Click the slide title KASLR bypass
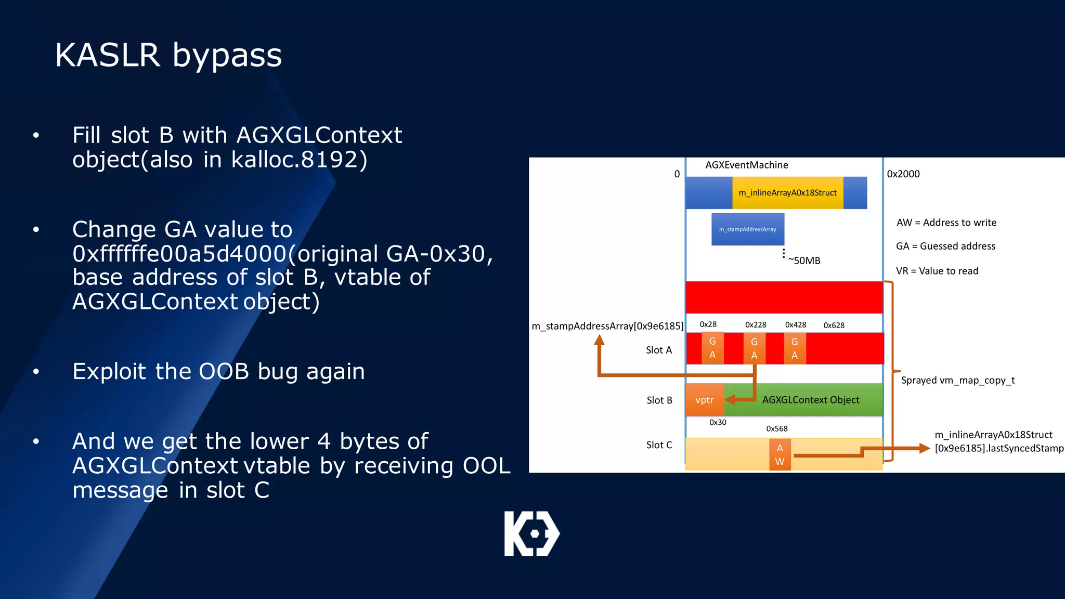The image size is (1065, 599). point(168,55)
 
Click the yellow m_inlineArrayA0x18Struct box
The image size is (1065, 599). point(787,193)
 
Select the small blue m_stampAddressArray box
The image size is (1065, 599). point(747,229)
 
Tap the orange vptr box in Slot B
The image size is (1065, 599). point(704,400)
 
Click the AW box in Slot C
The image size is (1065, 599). point(780,454)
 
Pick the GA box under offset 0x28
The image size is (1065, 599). point(712,348)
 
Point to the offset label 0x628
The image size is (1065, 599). point(834,325)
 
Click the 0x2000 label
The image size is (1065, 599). point(903,174)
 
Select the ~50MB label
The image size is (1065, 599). point(804,261)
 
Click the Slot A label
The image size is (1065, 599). point(658,350)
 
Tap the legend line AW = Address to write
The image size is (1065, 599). point(946,223)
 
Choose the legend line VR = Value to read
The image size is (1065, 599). point(937,271)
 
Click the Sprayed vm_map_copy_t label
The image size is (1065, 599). point(957,380)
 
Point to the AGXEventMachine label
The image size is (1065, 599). point(746,165)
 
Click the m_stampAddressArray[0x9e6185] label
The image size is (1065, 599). point(607,326)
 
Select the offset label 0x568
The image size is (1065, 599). point(776,429)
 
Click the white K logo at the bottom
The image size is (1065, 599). point(531,533)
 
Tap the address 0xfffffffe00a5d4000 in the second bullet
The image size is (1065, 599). point(179,254)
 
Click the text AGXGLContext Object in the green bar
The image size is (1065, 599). point(810,400)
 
